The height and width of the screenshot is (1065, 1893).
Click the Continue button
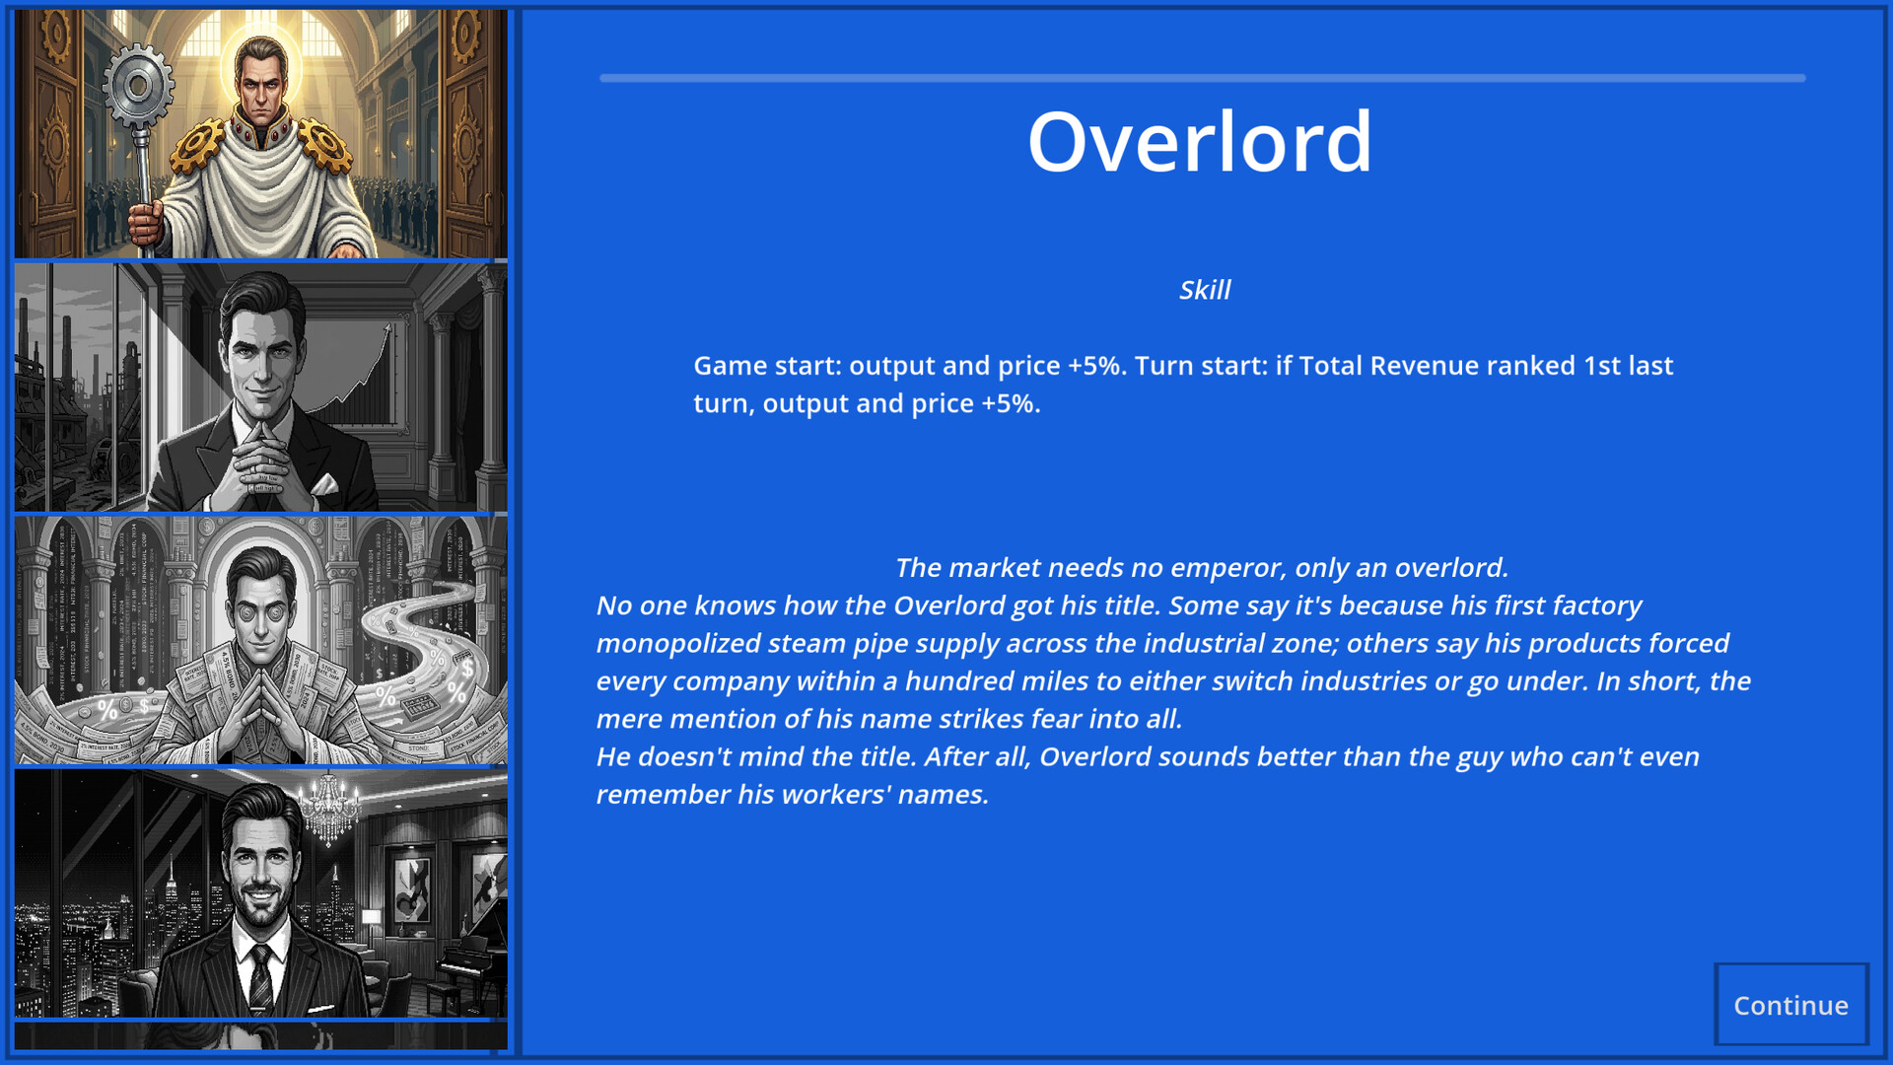(x=1790, y=1004)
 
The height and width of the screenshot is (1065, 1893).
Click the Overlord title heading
(x=1200, y=142)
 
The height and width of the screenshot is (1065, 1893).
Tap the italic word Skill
(x=1205, y=290)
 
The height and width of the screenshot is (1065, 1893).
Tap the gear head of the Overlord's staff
(x=138, y=86)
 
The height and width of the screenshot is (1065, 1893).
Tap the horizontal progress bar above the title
(x=1203, y=78)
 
